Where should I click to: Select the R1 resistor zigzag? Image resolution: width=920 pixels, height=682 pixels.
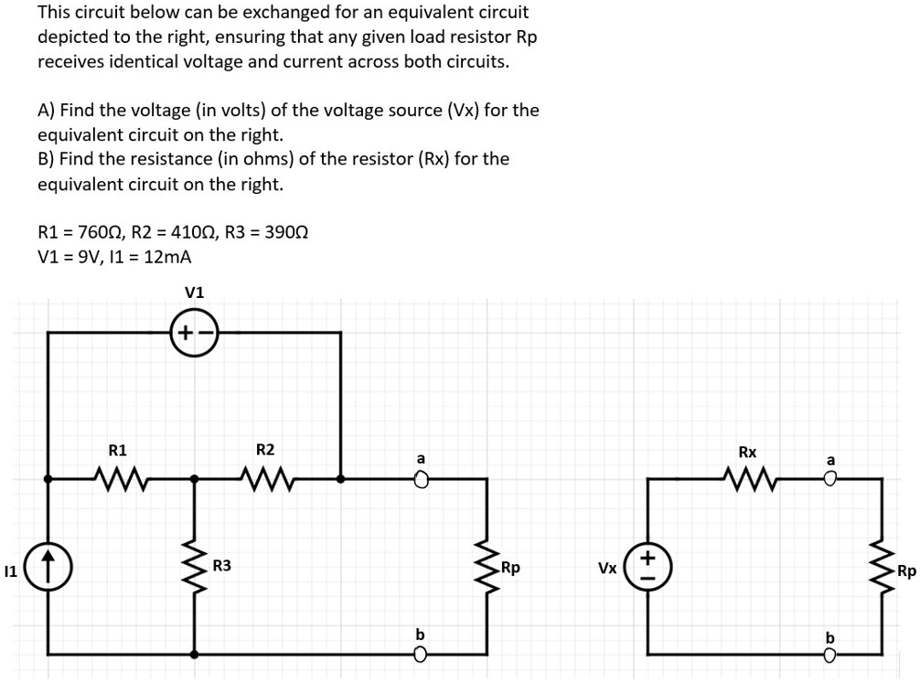[x=118, y=476]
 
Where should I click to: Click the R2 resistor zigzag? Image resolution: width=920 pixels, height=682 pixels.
[x=265, y=476]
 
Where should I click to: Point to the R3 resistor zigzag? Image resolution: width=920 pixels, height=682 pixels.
[x=194, y=566]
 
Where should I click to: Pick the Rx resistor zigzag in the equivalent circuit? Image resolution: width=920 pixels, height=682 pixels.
[x=747, y=476]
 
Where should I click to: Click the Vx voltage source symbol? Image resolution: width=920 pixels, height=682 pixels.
[x=648, y=567]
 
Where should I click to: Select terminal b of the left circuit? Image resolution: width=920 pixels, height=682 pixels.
[x=421, y=654]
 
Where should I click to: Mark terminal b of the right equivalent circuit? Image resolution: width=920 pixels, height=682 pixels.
[x=830, y=654]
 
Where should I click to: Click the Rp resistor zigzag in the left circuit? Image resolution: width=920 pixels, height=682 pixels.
[x=485, y=567]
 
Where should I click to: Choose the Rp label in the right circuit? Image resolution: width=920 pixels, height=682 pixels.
[x=906, y=573]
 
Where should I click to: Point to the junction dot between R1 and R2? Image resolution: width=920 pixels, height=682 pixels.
[x=194, y=477]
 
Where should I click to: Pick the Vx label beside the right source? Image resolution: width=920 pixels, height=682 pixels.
[x=607, y=568]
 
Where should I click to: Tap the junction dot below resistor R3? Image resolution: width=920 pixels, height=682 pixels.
[x=194, y=654]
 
